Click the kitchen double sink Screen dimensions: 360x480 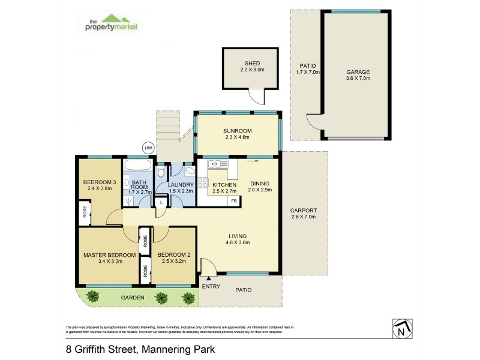[x=215, y=164]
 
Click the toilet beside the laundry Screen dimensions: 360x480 [x=160, y=173]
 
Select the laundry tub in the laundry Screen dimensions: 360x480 [x=188, y=170]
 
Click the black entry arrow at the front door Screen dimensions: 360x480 [x=208, y=278]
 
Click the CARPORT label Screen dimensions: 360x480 [x=304, y=211]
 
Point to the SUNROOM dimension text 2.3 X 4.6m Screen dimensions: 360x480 [x=238, y=138]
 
